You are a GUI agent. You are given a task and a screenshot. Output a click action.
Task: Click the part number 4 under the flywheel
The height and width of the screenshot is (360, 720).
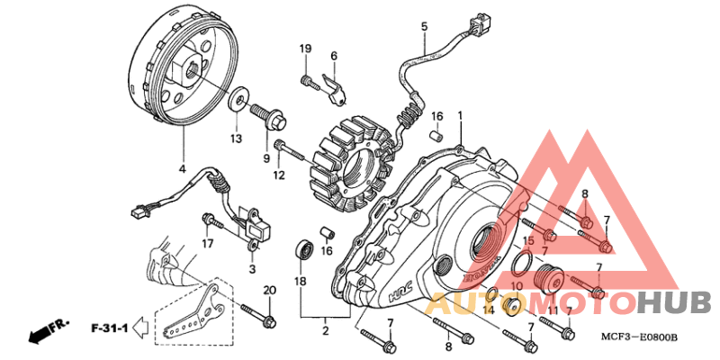point(183,169)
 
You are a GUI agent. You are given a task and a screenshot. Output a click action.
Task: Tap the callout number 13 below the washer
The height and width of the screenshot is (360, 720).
point(236,139)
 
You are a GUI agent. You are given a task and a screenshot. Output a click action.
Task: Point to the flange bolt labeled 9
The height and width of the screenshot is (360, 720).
point(267,118)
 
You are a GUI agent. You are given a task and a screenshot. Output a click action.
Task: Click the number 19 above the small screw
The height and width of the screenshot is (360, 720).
point(306,49)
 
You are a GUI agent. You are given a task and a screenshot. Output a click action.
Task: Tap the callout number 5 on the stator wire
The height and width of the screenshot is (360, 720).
point(424,26)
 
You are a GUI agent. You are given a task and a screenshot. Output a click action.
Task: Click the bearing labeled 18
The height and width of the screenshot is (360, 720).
point(304,249)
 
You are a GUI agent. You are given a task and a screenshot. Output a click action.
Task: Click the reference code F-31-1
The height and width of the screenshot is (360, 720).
point(110,328)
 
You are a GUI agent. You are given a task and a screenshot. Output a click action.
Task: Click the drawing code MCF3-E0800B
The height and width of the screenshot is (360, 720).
point(643,337)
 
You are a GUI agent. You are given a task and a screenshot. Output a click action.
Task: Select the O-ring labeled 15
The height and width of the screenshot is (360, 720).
point(523,264)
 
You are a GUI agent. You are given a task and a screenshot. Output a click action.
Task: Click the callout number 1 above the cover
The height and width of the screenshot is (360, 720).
point(460,118)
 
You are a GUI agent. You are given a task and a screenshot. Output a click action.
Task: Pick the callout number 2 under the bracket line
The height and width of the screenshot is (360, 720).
point(325,330)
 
